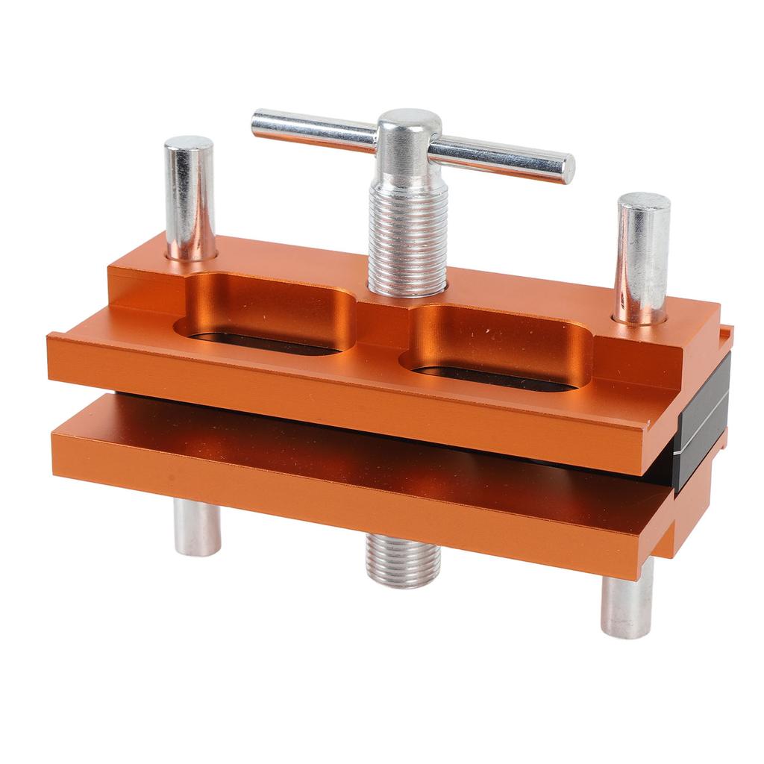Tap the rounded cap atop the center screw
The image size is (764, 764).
(x=407, y=125)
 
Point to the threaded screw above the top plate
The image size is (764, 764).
(x=407, y=239)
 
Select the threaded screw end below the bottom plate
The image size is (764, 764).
(x=403, y=561)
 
